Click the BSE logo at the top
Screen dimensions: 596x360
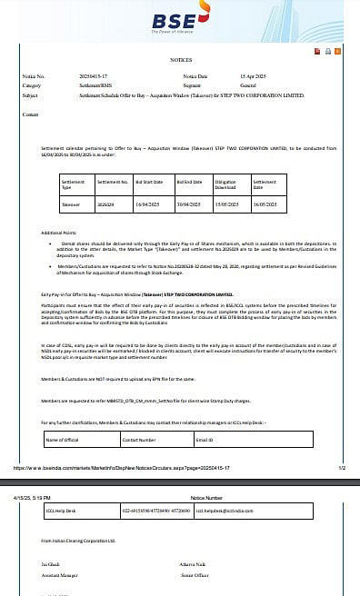click(179, 21)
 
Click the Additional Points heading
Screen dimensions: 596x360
click(60, 233)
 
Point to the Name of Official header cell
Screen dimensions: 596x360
click(65, 440)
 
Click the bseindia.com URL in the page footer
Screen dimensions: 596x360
click(127, 467)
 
